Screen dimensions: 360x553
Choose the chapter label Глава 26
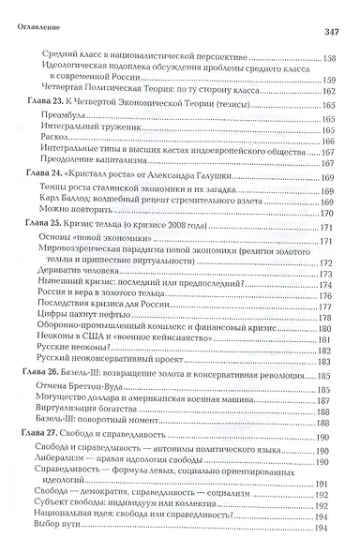37,376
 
